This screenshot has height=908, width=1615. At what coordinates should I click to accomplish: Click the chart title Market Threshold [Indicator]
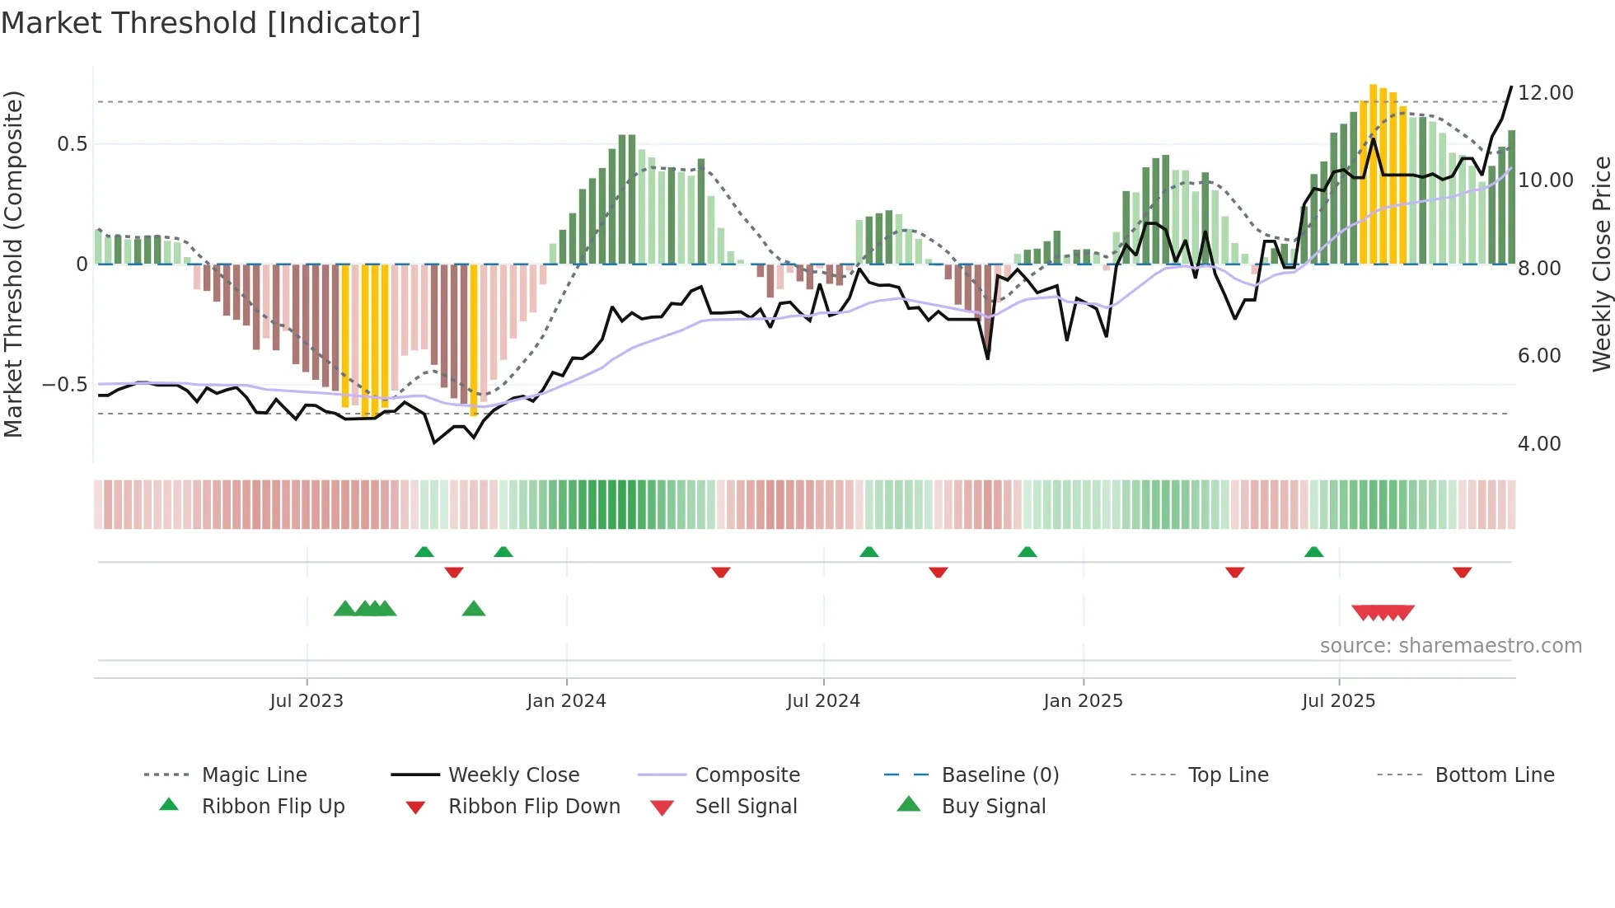[x=211, y=23]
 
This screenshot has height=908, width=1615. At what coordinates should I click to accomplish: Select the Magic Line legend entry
[x=254, y=775]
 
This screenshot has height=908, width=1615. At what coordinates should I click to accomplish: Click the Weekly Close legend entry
[x=513, y=775]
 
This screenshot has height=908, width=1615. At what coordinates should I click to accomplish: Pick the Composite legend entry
[x=747, y=775]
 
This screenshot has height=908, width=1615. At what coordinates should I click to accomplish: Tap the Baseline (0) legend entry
[x=999, y=775]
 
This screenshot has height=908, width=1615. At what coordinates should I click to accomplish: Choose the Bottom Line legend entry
[x=1494, y=775]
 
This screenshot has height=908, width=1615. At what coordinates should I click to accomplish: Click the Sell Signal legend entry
[x=746, y=806]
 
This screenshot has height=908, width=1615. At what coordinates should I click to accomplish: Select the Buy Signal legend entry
[x=993, y=806]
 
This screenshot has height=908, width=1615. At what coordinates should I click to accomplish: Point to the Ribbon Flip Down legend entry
[x=534, y=806]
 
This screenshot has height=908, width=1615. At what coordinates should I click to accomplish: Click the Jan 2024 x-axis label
[x=566, y=701]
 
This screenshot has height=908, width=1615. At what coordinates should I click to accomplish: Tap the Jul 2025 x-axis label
[x=1338, y=701]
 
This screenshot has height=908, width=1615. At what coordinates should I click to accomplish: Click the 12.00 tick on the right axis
[x=1545, y=93]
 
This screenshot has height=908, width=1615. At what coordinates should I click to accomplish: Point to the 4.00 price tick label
[x=1538, y=444]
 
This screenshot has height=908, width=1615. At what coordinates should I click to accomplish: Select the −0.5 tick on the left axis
[x=65, y=385]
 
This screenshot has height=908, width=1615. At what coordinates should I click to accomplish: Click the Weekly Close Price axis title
[x=1601, y=264]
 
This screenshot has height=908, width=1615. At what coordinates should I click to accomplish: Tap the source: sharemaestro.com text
[x=1450, y=646]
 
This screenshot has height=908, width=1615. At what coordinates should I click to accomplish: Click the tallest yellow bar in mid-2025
[x=1373, y=173]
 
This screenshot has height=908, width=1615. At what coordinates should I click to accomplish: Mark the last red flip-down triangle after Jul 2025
[x=1462, y=572]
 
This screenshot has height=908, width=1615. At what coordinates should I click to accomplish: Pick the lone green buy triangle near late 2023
[x=474, y=609]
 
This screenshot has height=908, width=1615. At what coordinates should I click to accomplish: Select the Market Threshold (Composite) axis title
[x=13, y=264]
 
